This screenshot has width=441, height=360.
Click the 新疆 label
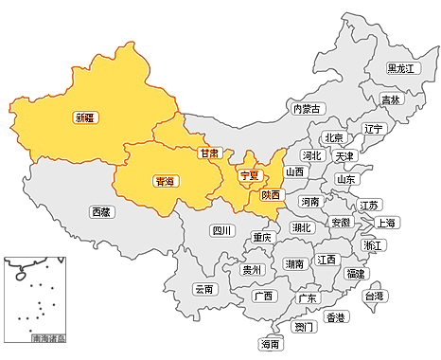85,118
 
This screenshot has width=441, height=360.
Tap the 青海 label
165,181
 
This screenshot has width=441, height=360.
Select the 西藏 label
101,212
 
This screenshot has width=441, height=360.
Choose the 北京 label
333,137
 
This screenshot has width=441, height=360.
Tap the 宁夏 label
250,175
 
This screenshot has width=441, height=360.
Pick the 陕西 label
271,194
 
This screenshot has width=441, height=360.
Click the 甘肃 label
210,153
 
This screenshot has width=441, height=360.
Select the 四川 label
221,229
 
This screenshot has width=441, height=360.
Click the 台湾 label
375,297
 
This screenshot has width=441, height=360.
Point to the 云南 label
204,289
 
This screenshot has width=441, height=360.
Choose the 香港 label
335,317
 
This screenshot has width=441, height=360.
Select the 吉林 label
390,99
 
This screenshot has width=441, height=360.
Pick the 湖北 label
302,227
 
